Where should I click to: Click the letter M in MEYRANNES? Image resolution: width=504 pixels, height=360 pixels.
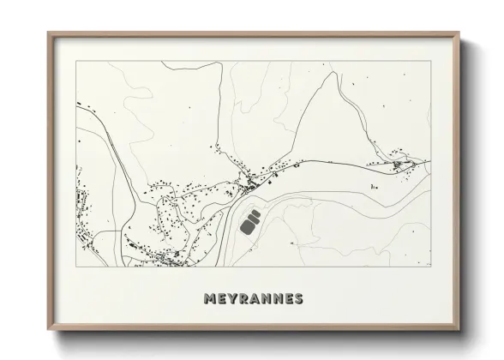coord(211,299)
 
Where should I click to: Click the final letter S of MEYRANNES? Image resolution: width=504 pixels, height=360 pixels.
coord(297,299)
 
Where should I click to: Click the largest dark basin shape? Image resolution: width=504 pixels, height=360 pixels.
coord(249,226)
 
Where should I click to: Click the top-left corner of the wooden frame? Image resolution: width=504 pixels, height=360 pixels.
coord(48,33)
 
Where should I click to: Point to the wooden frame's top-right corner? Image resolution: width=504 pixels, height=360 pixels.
coord(459,33)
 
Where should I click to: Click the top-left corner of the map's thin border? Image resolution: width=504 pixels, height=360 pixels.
coord(76,63)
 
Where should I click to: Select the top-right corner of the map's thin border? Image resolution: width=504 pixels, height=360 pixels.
coord(430,63)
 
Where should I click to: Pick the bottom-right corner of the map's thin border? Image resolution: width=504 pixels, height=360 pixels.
coord(430,267)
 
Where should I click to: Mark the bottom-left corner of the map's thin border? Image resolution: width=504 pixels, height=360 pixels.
coord(76,267)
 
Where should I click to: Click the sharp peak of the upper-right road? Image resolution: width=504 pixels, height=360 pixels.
coord(332,72)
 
